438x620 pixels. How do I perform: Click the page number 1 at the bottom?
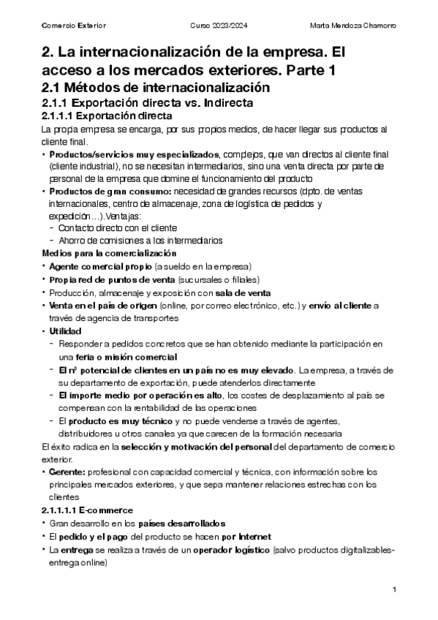click(x=394, y=589)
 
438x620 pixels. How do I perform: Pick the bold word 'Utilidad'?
click(x=66, y=330)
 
